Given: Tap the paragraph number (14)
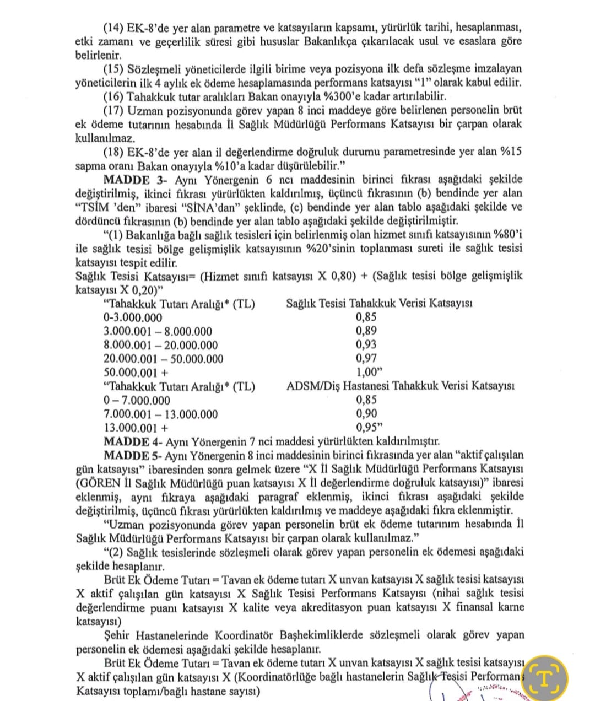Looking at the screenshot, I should click(x=113, y=28).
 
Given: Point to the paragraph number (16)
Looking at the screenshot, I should click(x=113, y=96).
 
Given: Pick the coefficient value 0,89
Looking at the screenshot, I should click(x=366, y=331).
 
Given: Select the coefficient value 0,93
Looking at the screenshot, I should click(x=366, y=344).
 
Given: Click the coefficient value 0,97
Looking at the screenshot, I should click(x=366, y=358).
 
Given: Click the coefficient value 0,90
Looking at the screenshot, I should click(x=366, y=413).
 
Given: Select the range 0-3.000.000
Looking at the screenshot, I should click(x=133, y=317).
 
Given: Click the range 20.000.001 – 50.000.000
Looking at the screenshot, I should click(x=164, y=359).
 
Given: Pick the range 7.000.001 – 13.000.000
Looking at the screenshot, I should click(x=160, y=414).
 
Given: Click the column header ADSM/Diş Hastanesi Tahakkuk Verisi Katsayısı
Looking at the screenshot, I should click(x=400, y=386).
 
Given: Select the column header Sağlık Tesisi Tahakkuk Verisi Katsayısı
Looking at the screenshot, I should click(x=379, y=303).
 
